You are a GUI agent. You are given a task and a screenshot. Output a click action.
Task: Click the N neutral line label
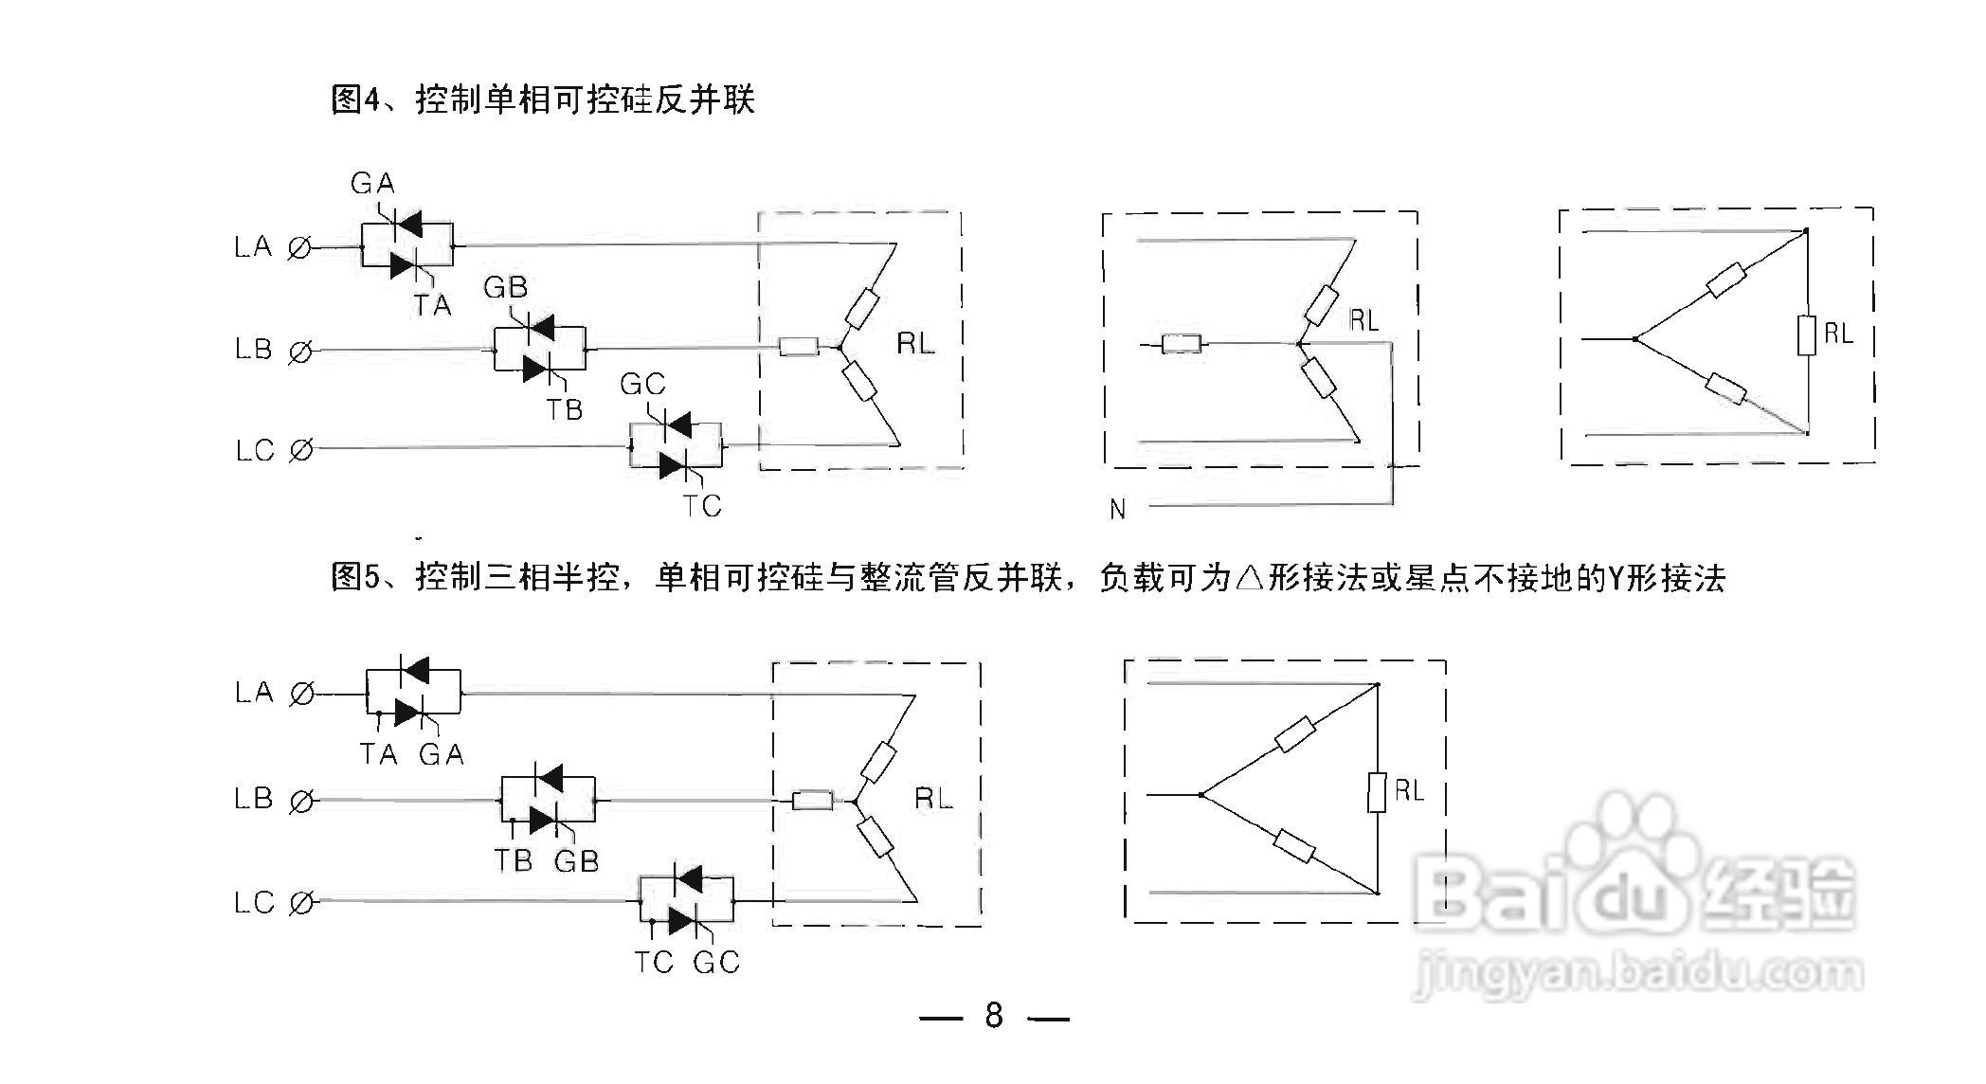point(1118,510)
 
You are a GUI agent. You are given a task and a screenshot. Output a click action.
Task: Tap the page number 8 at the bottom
point(994,1016)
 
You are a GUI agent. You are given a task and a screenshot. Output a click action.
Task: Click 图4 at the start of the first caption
point(354,99)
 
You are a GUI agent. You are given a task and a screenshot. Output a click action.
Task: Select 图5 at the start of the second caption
point(354,576)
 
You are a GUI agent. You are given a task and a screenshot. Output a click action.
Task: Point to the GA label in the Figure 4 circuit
point(372,183)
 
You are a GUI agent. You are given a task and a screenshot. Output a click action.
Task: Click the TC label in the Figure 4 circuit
point(703,506)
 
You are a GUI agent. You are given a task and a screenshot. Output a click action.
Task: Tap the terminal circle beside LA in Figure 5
point(301,695)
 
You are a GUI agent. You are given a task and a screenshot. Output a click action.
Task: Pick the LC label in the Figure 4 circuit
point(254,450)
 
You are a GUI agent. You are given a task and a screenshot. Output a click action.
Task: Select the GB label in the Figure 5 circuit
point(576,860)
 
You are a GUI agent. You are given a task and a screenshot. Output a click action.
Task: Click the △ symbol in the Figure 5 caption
point(1250,577)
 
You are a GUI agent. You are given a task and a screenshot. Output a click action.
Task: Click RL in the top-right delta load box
point(1838,334)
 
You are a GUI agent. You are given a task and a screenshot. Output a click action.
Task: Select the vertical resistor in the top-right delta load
point(1807,334)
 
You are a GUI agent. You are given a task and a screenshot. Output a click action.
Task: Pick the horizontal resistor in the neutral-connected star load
point(1182,343)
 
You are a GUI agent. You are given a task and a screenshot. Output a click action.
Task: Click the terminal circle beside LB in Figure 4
point(299,352)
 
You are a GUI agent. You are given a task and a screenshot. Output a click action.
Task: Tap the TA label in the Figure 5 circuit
point(378,754)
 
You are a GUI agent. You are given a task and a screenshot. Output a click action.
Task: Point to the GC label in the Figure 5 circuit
point(715,963)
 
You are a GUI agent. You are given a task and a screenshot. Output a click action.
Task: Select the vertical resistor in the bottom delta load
point(1378,792)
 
